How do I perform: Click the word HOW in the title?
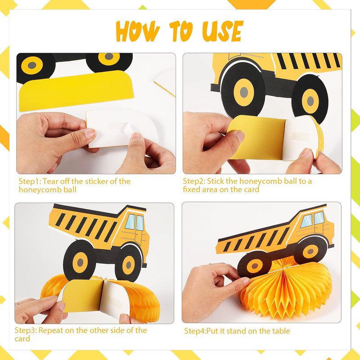138,31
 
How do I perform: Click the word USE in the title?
222,31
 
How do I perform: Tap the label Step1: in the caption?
30,181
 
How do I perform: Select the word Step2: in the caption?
194,181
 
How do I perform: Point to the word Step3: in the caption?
26,330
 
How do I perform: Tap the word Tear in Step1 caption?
49,181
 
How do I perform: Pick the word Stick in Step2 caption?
216,181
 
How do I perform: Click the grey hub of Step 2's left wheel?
244,93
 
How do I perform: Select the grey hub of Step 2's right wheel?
310,101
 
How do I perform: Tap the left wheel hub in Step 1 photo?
32,65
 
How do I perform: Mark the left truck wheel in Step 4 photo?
254,265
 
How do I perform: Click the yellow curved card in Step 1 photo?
76,91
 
